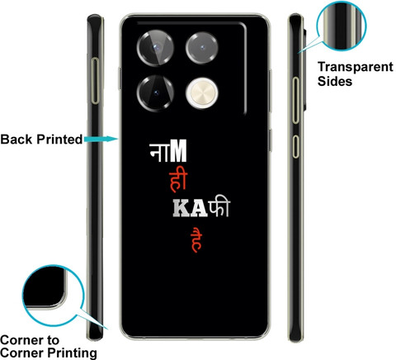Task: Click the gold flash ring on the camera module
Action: click(202, 93)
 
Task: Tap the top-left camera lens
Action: click(156, 48)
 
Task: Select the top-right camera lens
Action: click(202, 48)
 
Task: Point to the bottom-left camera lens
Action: click(156, 93)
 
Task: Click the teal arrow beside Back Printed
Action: click(101, 139)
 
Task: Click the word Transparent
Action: click(356, 67)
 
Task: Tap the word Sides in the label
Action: click(335, 81)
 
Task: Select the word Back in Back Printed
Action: click(16, 140)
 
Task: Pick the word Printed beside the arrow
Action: click(59, 140)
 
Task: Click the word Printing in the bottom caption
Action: click(73, 353)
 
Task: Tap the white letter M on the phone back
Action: click(178, 151)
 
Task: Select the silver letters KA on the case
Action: click(190, 208)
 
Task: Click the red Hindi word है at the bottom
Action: click(196, 239)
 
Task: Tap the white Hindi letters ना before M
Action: click(159, 152)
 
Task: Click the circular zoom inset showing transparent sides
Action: click(342, 26)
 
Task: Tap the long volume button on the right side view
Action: click(295, 100)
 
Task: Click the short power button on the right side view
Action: click(295, 146)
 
